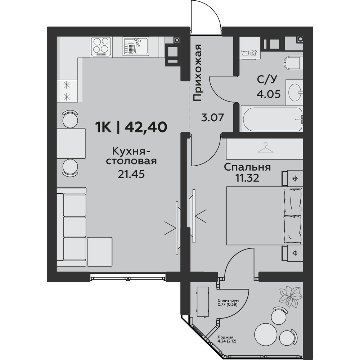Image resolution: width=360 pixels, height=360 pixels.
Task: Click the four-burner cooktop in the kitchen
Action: pyautogui.click(x=101, y=46)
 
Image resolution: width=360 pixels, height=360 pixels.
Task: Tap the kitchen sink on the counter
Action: pyautogui.click(x=136, y=46)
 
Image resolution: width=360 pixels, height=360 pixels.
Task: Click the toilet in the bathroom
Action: pyautogui.click(x=293, y=63)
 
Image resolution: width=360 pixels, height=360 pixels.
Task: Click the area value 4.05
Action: pyautogui.click(x=269, y=94)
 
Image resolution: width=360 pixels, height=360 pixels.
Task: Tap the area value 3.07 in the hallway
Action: pyautogui.click(x=212, y=118)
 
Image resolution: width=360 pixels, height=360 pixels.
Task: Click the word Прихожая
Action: pyautogui.click(x=197, y=73)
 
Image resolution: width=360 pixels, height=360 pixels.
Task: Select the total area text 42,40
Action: pyautogui.click(x=146, y=127)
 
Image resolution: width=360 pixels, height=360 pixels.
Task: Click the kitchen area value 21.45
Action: pyautogui.click(x=131, y=175)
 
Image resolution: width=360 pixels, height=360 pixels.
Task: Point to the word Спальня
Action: pyautogui.click(x=247, y=167)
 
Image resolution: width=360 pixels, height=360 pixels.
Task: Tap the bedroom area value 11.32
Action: pyautogui.click(x=247, y=178)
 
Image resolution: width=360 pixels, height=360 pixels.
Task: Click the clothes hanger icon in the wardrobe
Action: pyautogui.click(x=266, y=148)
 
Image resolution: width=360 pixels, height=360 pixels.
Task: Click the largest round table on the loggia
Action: pyautogui.click(x=266, y=334)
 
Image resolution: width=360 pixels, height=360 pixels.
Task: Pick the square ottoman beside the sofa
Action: pyautogui.click(x=100, y=252)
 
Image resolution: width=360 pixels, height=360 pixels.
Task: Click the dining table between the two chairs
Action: pyautogui.click(x=71, y=143)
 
